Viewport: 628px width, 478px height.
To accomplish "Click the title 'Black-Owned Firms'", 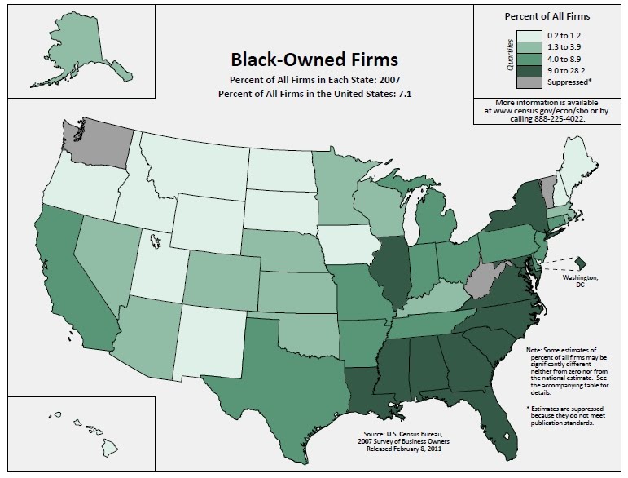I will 314,60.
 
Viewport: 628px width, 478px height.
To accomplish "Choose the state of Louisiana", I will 364,387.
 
